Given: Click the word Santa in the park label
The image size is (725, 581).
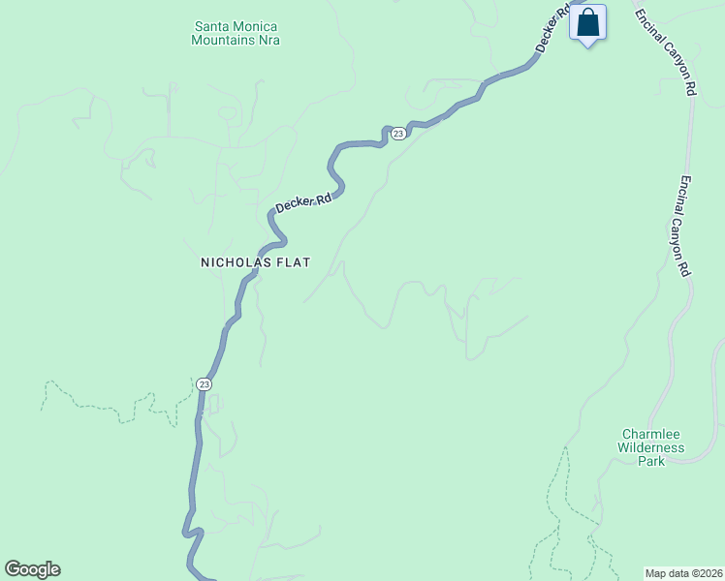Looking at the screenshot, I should (211, 26).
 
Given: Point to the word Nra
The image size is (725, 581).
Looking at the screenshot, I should (269, 41).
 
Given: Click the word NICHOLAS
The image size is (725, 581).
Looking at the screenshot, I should (228, 262).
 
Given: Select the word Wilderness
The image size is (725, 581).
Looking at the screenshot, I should (651, 448).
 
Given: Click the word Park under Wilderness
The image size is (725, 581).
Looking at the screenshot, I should (651, 462).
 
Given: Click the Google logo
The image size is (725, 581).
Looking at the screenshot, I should (32, 569).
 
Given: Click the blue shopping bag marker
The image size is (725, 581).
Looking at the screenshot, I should (588, 22).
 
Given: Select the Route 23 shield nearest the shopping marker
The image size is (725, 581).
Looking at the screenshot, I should (397, 133).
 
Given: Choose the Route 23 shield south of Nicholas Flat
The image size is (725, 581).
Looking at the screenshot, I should (203, 384).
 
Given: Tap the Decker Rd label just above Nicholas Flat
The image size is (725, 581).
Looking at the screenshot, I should (303, 201).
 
